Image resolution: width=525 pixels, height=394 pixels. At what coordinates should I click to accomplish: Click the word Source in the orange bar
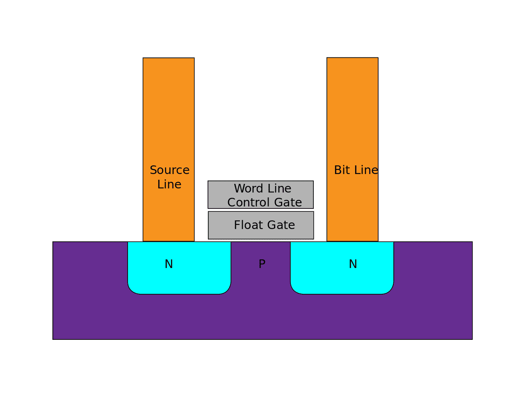(x=169, y=170)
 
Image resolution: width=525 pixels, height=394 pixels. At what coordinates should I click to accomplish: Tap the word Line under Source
(x=169, y=184)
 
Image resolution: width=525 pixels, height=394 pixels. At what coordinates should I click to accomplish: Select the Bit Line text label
(x=356, y=170)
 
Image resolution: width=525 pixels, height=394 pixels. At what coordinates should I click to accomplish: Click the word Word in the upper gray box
(x=249, y=188)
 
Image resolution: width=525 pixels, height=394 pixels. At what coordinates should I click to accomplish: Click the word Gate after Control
(x=288, y=202)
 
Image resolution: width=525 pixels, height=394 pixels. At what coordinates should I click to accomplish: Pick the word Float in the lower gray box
(x=247, y=225)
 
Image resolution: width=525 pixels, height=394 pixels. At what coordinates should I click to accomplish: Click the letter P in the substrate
(x=262, y=264)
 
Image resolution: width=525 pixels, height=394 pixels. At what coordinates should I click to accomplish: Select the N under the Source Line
(x=169, y=264)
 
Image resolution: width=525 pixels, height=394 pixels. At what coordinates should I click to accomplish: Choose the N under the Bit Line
(x=353, y=264)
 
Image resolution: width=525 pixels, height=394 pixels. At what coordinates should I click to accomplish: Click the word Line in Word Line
(x=280, y=188)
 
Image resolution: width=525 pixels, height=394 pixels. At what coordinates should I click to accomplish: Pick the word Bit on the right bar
(x=342, y=170)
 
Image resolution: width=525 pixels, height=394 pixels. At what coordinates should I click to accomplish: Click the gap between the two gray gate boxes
(x=261, y=210)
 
